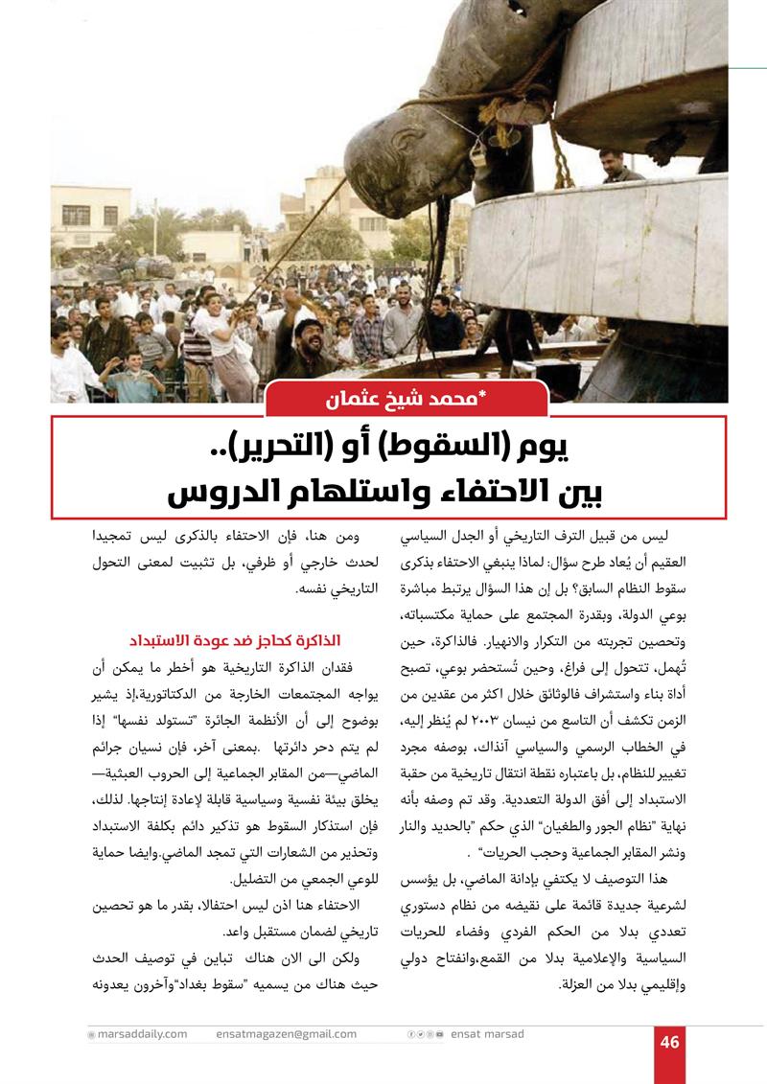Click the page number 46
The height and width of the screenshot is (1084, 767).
[x=669, y=1042]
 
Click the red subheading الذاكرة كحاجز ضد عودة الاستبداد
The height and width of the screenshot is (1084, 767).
[x=236, y=639]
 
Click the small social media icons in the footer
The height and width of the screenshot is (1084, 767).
[x=426, y=1035]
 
